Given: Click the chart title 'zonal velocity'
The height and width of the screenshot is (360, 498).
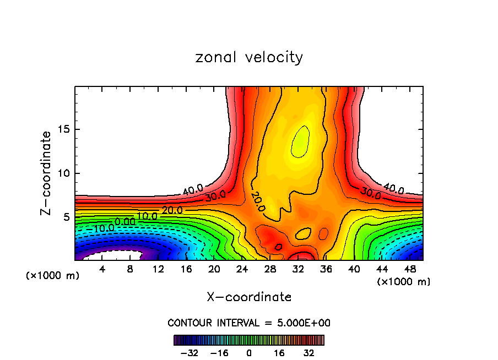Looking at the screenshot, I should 249,57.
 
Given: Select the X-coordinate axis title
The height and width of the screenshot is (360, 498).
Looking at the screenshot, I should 249,297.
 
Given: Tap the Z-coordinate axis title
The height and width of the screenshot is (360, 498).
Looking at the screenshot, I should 46,173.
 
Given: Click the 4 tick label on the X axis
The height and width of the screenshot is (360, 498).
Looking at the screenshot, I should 102,269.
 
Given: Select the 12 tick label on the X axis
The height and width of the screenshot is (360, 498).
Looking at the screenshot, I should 158,269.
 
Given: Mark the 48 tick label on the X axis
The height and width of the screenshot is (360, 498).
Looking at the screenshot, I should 411,269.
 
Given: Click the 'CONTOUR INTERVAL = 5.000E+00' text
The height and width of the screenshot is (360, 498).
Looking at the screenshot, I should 249,323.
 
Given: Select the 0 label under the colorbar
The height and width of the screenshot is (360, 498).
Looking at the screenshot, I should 249,353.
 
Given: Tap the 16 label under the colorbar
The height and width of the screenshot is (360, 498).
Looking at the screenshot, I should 279,353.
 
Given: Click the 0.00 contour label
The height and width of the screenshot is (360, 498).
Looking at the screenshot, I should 125,221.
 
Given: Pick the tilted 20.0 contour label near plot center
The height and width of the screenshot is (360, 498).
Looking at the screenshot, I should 257,201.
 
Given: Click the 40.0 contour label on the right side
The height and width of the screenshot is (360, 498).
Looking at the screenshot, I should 393,189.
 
